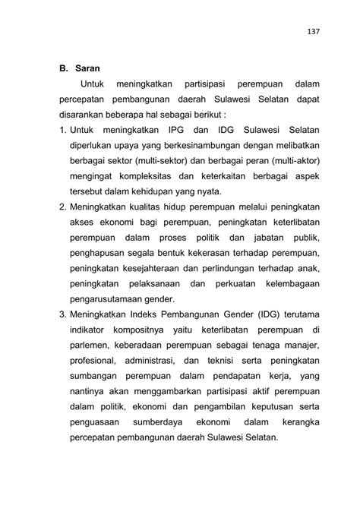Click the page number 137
point(313,31)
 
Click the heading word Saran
point(87,68)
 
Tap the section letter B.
point(63,68)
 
